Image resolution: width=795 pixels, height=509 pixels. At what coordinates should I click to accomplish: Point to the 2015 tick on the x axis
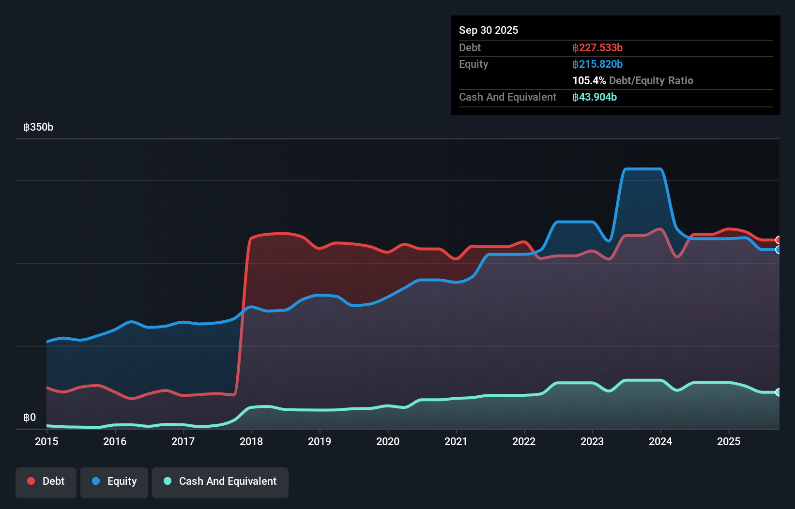(46, 441)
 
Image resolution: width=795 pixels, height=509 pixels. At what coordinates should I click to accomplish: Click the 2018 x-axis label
(251, 441)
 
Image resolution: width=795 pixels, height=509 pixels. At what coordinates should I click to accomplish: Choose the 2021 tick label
(456, 441)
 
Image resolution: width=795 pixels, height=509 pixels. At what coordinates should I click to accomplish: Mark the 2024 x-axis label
(660, 441)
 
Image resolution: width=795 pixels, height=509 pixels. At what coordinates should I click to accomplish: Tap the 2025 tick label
(729, 441)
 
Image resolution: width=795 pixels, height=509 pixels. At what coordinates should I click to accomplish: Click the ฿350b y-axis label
(38, 127)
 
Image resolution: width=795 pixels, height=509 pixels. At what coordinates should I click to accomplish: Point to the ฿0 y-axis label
(30, 418)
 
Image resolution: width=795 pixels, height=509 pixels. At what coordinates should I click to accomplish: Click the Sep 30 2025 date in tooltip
(488, 30)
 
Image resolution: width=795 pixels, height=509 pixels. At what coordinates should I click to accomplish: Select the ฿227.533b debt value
(597, 47)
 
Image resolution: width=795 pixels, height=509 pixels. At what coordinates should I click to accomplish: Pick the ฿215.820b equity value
(597, 64)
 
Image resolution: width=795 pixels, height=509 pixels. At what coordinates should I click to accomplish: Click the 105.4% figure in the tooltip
(589, 81)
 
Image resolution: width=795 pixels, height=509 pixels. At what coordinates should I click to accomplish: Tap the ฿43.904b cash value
(595, 97)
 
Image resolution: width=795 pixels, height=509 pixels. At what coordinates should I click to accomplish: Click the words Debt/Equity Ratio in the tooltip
(651, 81)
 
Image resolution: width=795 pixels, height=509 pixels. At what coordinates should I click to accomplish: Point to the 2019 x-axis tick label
(320, 441)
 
